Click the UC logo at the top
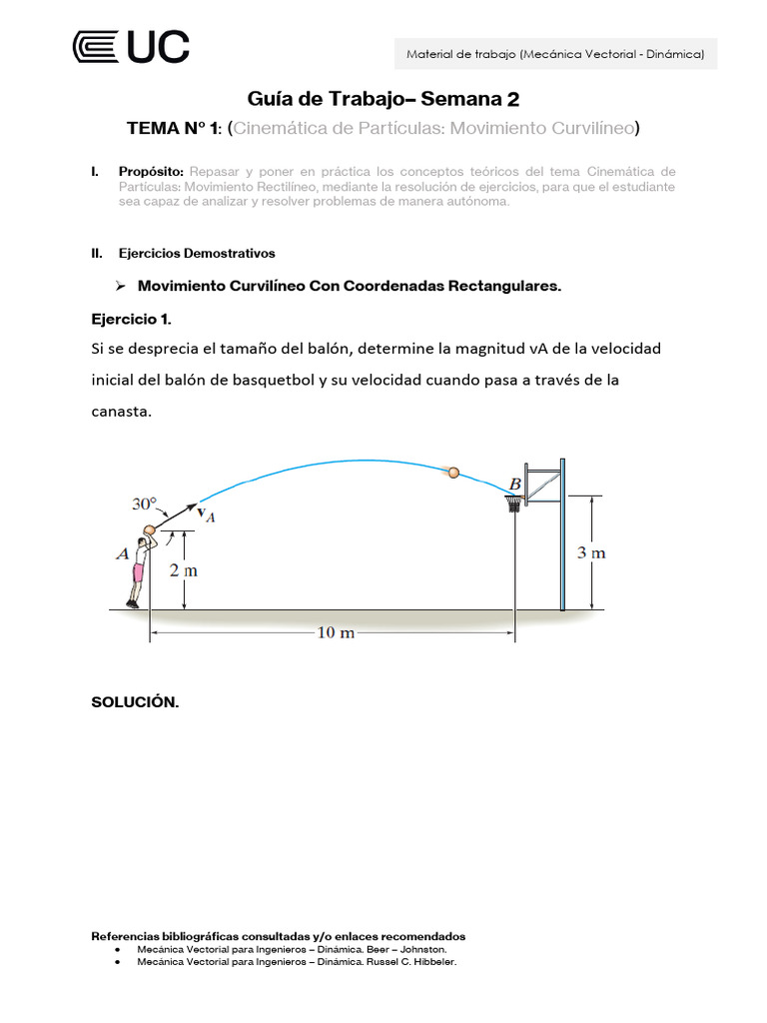pos(131,47)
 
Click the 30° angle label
pos(145,505)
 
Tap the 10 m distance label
pos(336,633)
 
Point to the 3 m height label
pos(591,552)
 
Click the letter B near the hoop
pos(515,485)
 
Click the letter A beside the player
pos(122,552)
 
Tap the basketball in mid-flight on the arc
pos(453,473)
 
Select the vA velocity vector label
pos(206,514)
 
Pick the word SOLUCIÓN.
pos(135,702)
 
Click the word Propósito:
pos(151,172)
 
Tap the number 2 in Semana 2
pos(513,99)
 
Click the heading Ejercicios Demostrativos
pos(197,253)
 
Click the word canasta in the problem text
pos(121,412)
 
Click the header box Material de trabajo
pos(555,54)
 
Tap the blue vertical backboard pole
pos(562,534)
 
